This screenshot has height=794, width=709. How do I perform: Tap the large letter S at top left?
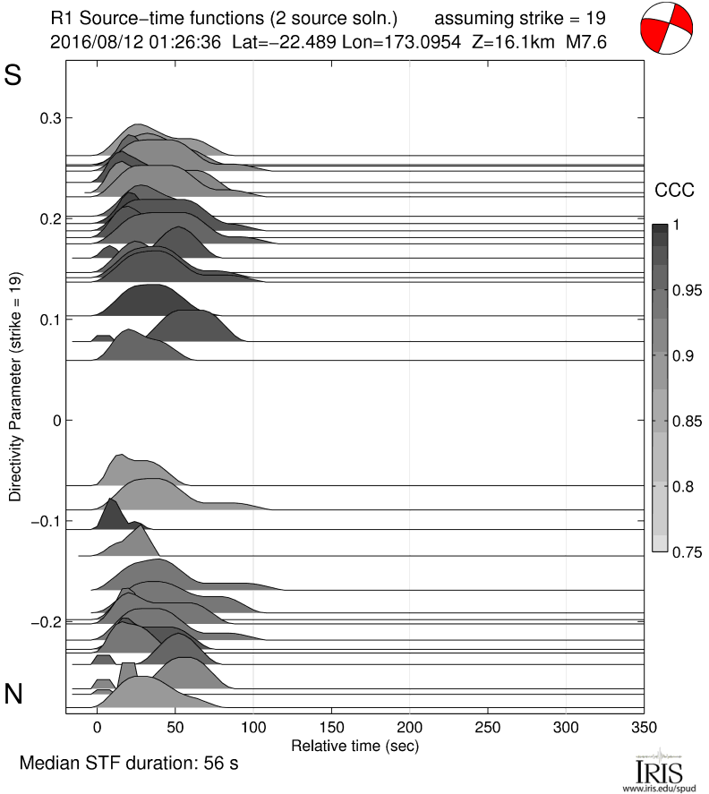13,76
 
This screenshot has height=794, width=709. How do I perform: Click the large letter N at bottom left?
13,694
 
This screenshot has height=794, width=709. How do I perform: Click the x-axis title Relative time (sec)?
355,745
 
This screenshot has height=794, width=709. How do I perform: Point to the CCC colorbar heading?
674,190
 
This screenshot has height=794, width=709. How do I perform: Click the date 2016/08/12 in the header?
90,41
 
